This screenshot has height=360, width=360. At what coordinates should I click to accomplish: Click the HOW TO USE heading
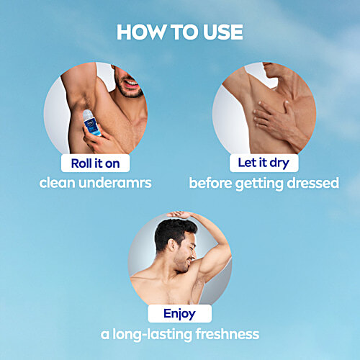click(x=180, y=32)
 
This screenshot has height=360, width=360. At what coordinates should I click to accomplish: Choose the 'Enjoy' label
click(x=180, y=313)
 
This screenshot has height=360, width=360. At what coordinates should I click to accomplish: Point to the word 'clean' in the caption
click(x=60, y=183)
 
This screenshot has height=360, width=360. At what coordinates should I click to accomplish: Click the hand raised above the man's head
click(x=181, y=215)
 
